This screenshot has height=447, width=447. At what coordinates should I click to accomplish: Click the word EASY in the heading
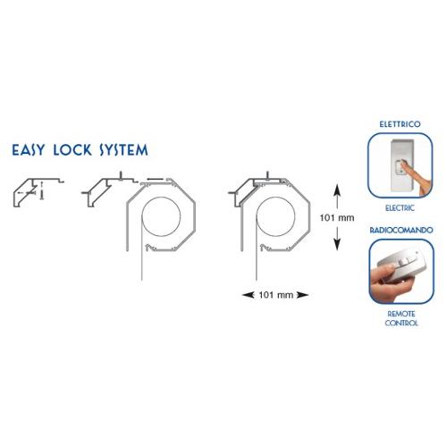tap(29, 150)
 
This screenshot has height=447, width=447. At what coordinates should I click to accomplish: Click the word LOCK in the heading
tap(72, 150)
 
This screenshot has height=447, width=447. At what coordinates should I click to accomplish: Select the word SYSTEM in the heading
tap(123, 150)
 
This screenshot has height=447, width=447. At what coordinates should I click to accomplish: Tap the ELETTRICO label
tap(400, 124)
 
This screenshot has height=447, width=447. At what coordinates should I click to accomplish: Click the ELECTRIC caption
tap(400, 207)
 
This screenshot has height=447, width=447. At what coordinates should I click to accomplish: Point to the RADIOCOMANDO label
tap(401, 230)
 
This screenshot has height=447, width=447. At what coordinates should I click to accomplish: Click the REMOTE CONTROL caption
tap(401, 318)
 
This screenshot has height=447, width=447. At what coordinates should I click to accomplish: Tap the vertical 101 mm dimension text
tap(337, 218)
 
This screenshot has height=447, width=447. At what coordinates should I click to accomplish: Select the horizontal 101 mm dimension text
tap(276, 295)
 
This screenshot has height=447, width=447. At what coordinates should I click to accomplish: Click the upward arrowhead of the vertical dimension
tap(337, 190)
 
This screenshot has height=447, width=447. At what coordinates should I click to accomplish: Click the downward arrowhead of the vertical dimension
tap(337, 244)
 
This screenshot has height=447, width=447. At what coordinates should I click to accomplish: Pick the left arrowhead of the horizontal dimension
tap(249, 295)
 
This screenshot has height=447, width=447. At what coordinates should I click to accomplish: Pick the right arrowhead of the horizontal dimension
tap(303, 295)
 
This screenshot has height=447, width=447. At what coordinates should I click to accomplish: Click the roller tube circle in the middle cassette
tap(161, 216)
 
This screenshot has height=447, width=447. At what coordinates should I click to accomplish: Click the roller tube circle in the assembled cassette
tap(275, 216)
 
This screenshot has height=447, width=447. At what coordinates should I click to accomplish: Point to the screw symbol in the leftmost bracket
tap(42, 190)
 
